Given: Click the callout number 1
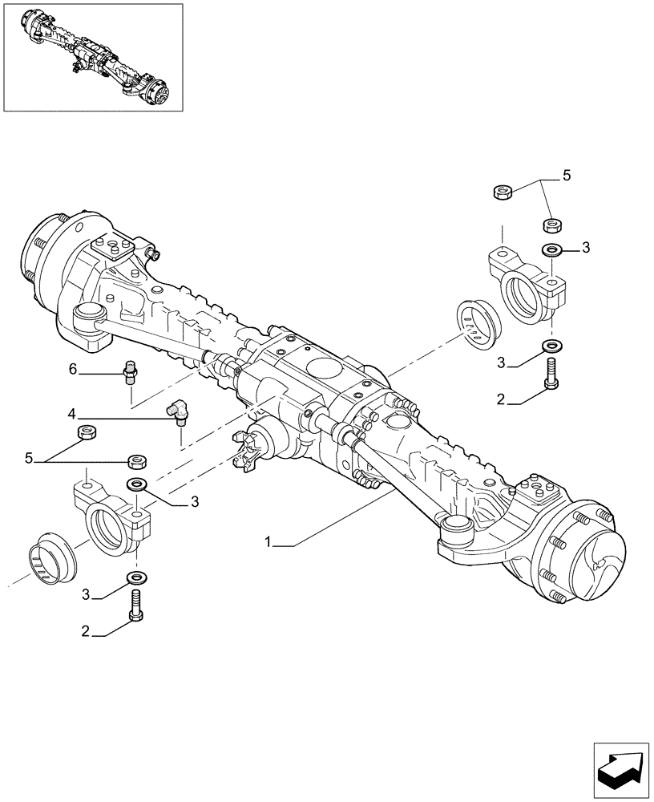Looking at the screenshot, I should pyautogui.click(x=269, y=543).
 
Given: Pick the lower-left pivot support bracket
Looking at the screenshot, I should pyautogui.click(x=111, y=517).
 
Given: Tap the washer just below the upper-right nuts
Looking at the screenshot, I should pyautogui.click(x=551, y=250).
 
